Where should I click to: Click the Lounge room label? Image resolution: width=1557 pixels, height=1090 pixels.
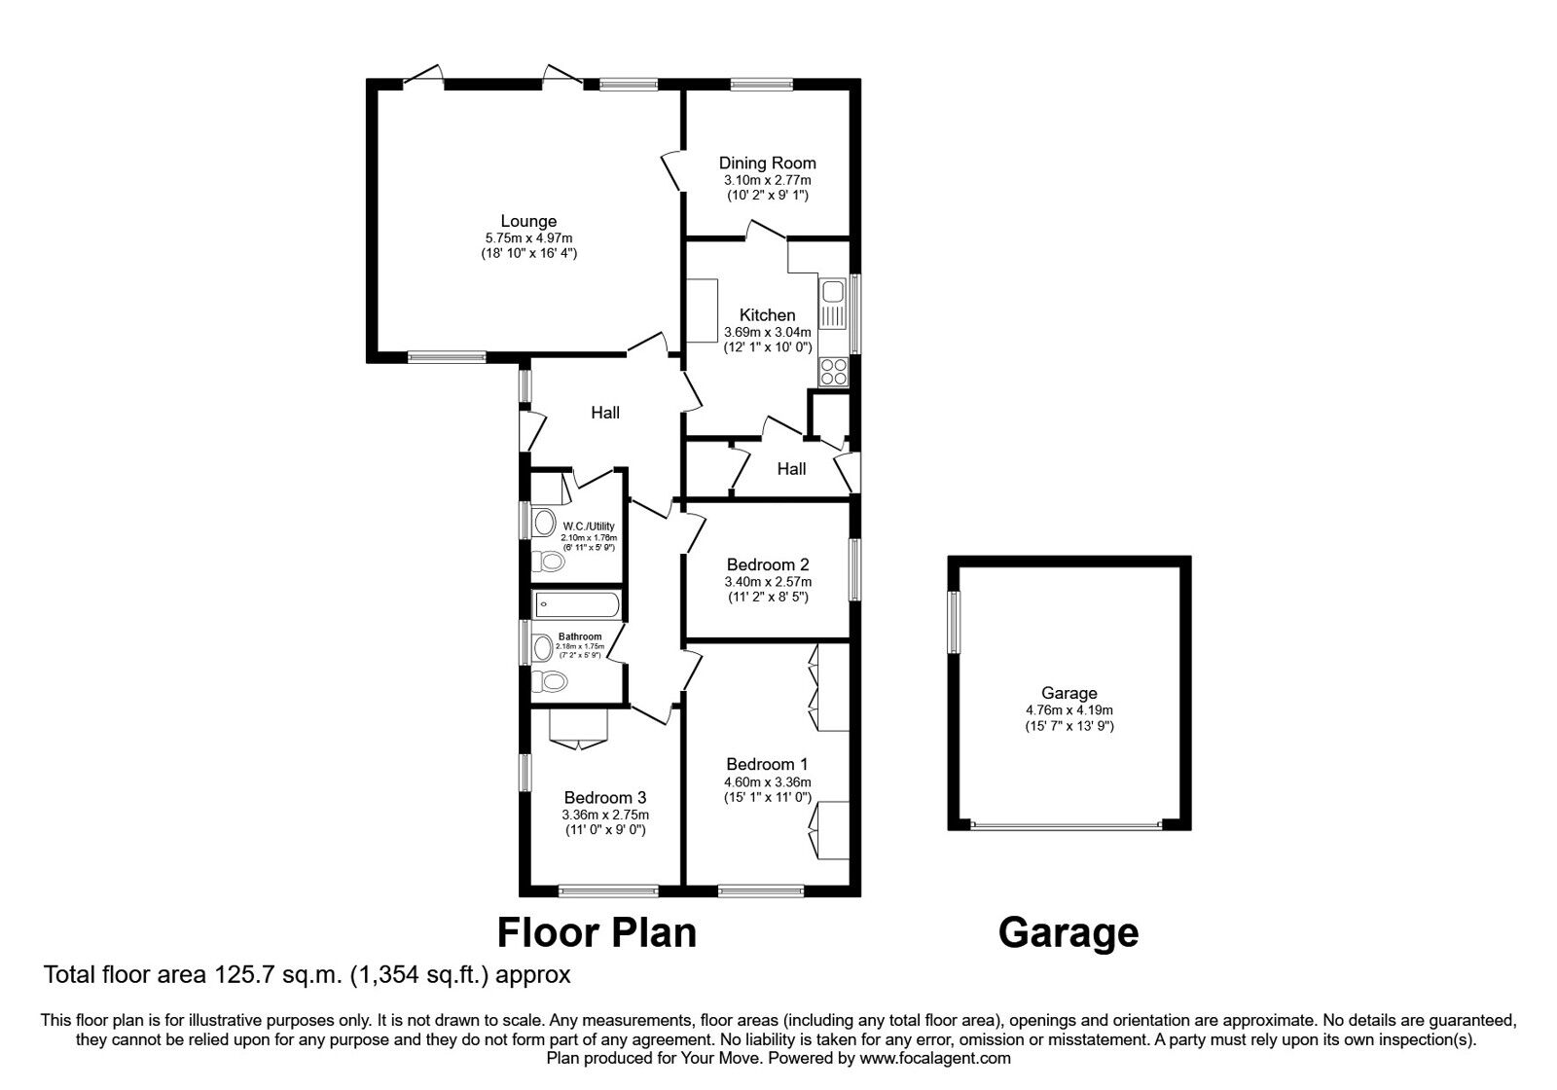tap(528, 221)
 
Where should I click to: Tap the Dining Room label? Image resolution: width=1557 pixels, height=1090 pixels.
tap(768, 163)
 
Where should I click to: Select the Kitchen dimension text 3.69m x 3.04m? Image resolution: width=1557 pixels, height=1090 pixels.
tap(768, 332)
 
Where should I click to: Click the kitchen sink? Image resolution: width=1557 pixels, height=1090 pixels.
tap(832, 304)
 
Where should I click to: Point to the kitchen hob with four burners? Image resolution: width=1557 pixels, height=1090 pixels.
tap(833, 371)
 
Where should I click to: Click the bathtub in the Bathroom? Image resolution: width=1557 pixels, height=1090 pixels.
tap(575, 604)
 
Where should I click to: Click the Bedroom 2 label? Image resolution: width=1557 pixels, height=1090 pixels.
tap(768, 564)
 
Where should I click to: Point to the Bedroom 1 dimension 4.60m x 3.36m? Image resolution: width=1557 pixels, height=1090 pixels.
tap(768, 782)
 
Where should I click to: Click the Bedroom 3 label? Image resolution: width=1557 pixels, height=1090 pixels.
tap(604, 797)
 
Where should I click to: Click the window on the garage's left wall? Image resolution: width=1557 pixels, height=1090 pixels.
tap(955, 622)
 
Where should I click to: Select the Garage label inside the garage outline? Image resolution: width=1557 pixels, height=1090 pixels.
tap(1069, 693)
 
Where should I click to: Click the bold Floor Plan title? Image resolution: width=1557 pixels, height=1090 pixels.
tap(597, 933)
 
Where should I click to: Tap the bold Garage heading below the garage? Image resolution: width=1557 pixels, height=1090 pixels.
tap(1068, 933)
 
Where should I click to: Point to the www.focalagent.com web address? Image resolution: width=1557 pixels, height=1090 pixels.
tap(935, 1059)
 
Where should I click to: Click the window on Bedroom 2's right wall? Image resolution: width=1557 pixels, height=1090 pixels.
tap(854, 568)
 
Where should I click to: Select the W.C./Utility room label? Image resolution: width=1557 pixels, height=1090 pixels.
tap(589, 527)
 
